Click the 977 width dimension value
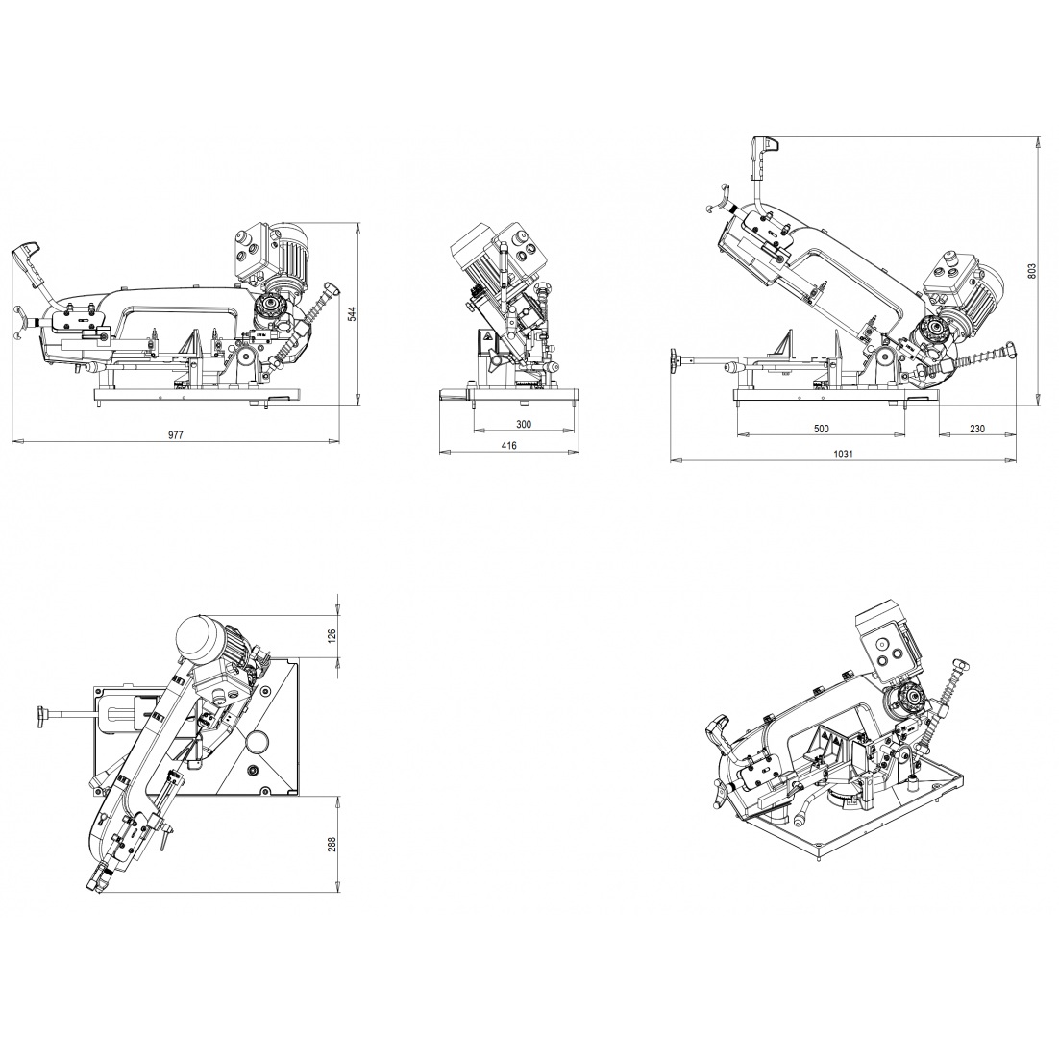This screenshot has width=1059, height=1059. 175,435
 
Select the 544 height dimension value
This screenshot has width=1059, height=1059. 351,312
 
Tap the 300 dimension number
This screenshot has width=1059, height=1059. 524,424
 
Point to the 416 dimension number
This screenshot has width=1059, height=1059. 509,445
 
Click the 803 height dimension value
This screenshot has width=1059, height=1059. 1030,270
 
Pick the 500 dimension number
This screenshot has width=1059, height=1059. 822,429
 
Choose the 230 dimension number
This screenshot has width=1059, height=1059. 977,429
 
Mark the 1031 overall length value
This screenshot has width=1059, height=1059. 843,454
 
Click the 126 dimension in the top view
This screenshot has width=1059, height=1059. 332,636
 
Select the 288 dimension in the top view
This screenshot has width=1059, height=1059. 332,845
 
